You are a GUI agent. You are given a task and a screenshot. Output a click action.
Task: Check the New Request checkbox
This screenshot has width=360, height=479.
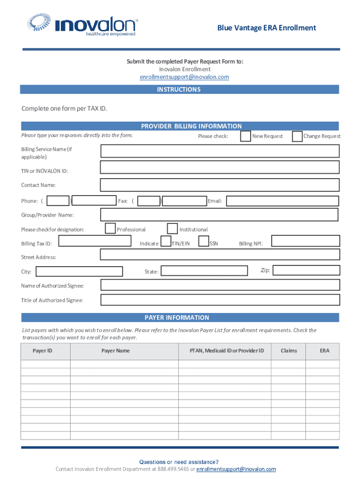coord(245,136)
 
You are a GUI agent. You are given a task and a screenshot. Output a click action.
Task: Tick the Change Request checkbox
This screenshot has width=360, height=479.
coord(297,136)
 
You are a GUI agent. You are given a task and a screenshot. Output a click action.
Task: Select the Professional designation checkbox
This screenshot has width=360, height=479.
coord(110,228)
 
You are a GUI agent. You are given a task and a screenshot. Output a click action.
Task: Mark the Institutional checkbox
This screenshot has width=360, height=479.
coord(172,228)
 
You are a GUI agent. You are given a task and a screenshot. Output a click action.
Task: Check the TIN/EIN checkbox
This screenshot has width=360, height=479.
coord(166,241)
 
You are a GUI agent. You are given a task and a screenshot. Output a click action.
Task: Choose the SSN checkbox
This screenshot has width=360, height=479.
coord(203,241)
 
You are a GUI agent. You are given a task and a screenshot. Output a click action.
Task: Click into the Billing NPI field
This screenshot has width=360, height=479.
coord(305,241)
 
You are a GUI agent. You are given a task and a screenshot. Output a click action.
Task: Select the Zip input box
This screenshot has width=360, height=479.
coord(306,270)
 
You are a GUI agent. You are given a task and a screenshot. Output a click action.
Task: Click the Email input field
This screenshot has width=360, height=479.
coord(282,201)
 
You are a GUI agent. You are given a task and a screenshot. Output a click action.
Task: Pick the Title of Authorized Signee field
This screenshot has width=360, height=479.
coord(220,299)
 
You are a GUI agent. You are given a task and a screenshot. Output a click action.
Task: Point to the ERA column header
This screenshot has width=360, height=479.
coord(324,351)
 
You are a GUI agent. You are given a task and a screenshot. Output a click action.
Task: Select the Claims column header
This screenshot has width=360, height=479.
coord(288,351)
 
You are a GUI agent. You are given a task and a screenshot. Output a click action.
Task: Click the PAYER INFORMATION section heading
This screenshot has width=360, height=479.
coord(177,318)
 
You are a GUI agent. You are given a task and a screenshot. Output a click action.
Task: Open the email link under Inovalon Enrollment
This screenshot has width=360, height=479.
coord(184,77)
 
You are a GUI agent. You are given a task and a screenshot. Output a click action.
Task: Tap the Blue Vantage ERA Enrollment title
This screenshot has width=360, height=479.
coord(266,28)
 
